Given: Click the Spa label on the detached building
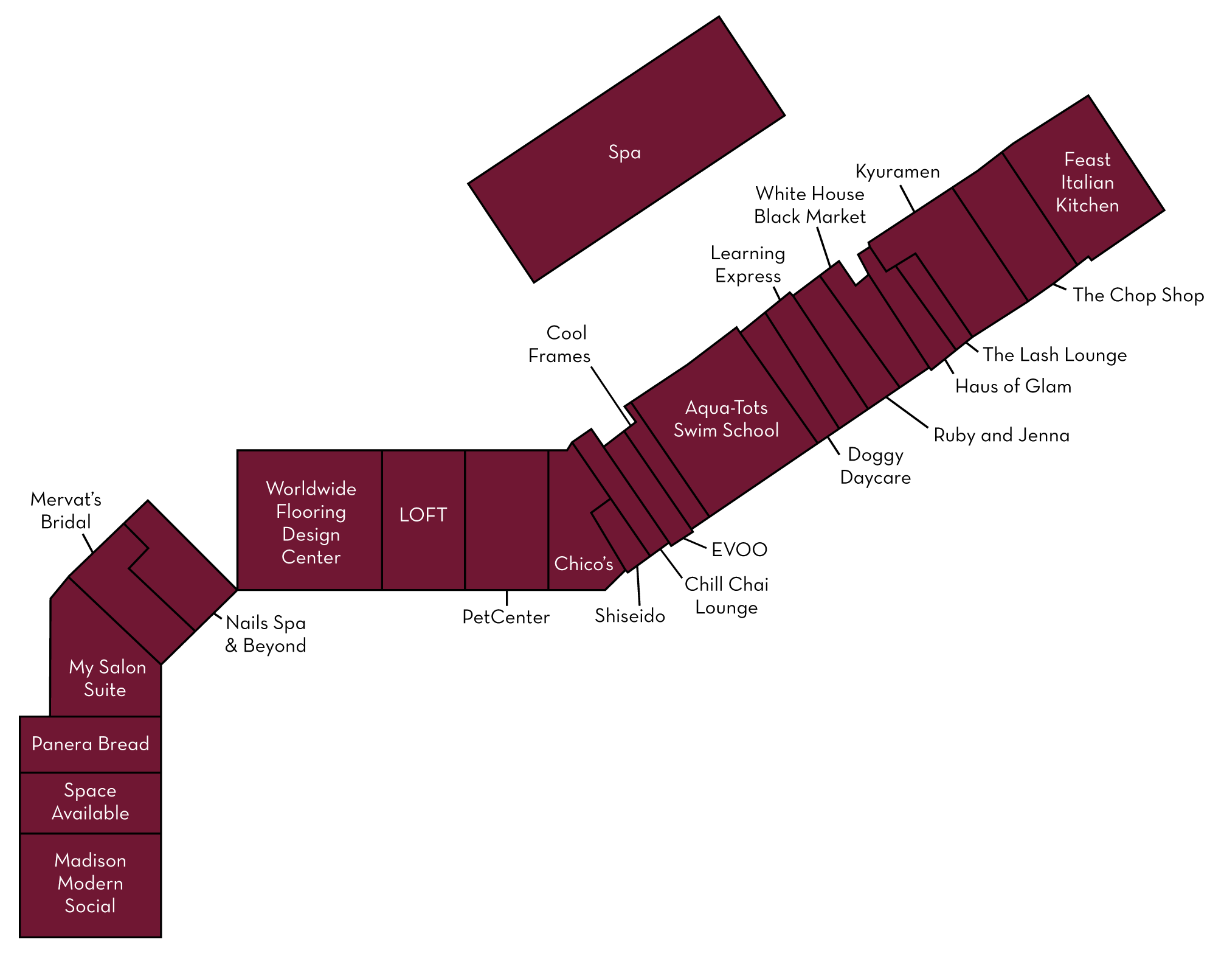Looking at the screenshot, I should [x=624, y=152].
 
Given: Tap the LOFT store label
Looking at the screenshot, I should [x=423, y=515].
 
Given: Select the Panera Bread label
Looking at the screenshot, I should [x=90, y=744].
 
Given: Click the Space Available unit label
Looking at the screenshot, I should [x=90, y=802].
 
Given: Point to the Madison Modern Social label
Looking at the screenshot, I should [x=90, y=883].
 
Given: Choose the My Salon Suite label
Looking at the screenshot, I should [x=107, y=678].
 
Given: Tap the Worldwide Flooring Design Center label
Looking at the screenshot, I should [x=311, y=523].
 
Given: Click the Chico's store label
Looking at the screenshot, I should [x=584, y=564].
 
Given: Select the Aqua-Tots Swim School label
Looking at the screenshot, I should [x=726, y=419].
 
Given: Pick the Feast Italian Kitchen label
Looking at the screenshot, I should [x=1087, y=183].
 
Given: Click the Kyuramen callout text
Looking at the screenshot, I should [x=897, y=172].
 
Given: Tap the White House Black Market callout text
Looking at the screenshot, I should [x=810, y=206].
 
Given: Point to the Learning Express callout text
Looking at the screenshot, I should [x=748, y=265].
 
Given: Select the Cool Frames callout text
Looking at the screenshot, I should [x=560, y=344].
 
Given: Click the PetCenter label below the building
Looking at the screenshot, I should [x=506, y=617].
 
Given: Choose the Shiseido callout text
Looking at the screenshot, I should [x=630, y=616].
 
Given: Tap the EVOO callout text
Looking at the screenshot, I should [x=739, y=549].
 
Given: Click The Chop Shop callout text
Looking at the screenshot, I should [x=1138, y=295].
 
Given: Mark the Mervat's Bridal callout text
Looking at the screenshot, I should [x=66, y=511].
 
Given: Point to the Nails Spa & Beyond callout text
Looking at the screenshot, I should [x=266, y=634].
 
